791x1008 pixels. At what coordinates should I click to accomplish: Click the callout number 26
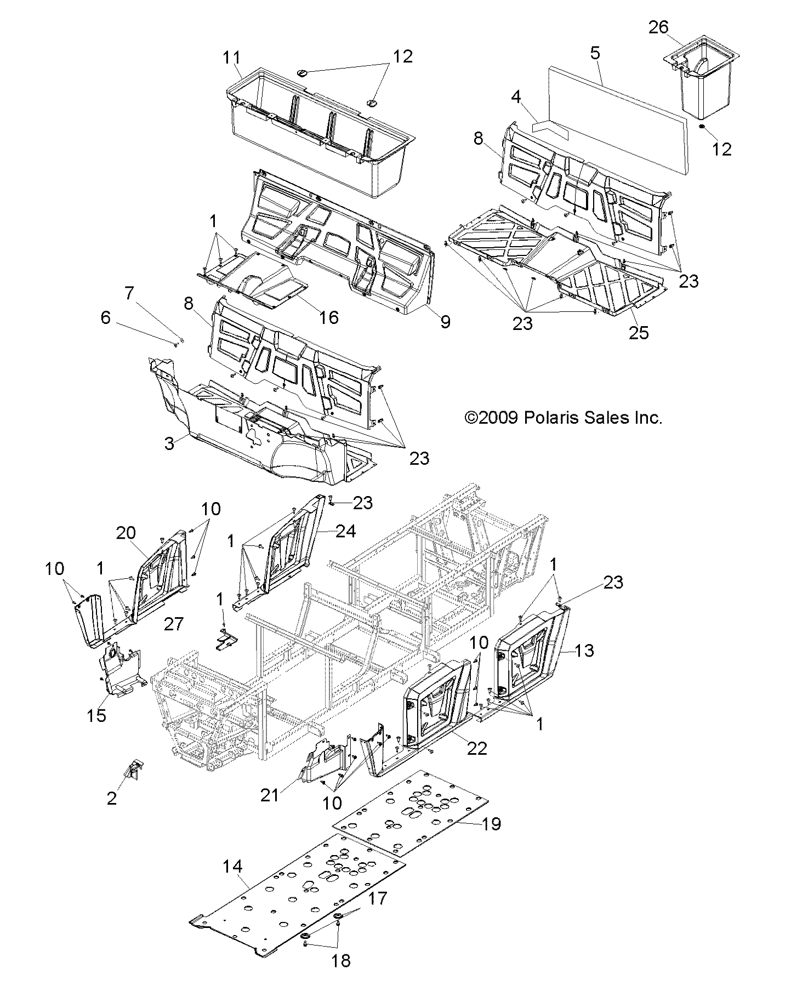click(x=659, y=27)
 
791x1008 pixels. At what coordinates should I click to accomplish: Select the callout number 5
click(x=595, y=53)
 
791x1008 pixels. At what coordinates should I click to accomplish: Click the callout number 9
click(x=445, y=322)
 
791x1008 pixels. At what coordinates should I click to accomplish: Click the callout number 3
click(x=169, y=443)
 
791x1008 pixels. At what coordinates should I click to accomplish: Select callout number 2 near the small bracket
click(x=112, y=798)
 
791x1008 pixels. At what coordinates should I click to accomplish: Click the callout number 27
click(x=173, y=624)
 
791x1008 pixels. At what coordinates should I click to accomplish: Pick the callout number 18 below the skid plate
click(x=341, y=961)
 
